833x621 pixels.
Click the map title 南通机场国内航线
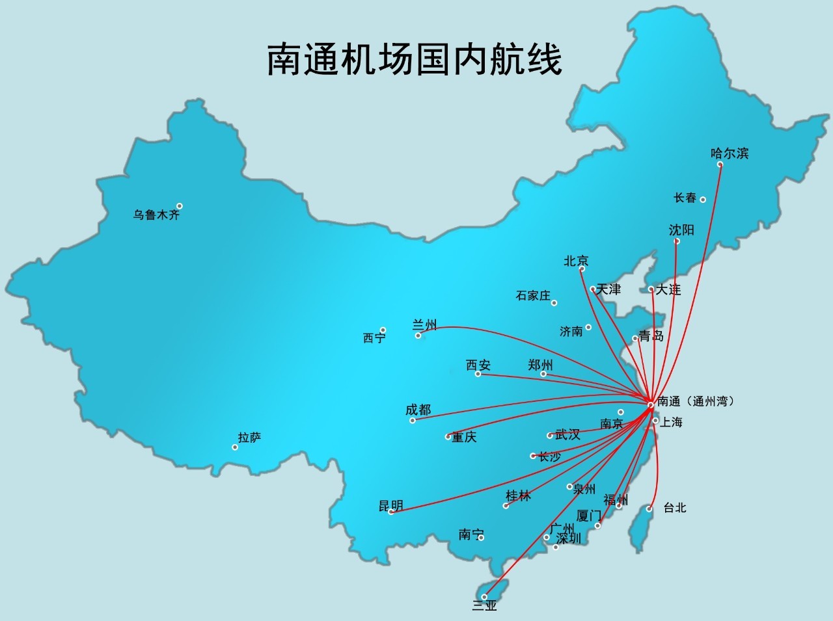click(415, 60)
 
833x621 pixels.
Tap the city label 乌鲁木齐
click(156, 215)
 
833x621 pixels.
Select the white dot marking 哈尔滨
click(720, 165)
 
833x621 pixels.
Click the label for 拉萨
click(249, 438)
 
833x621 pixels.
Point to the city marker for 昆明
click(391, 512)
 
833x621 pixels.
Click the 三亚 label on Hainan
click(484, 606)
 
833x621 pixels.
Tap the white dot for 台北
click(649, 509)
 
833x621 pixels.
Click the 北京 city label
click(576, 261)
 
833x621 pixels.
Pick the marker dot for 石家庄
click(554, 303)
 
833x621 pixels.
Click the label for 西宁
click(374, 338)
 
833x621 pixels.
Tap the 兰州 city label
click(425, 324)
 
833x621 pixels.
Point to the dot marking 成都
click(413, 421)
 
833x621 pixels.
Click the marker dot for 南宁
click(481, 537)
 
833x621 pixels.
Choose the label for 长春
click(685, 198)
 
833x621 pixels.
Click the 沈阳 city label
click(681, 230)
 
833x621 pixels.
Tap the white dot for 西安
click(478, 374)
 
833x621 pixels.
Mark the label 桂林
click(518, 496)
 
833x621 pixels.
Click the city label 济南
click(571, 332)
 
